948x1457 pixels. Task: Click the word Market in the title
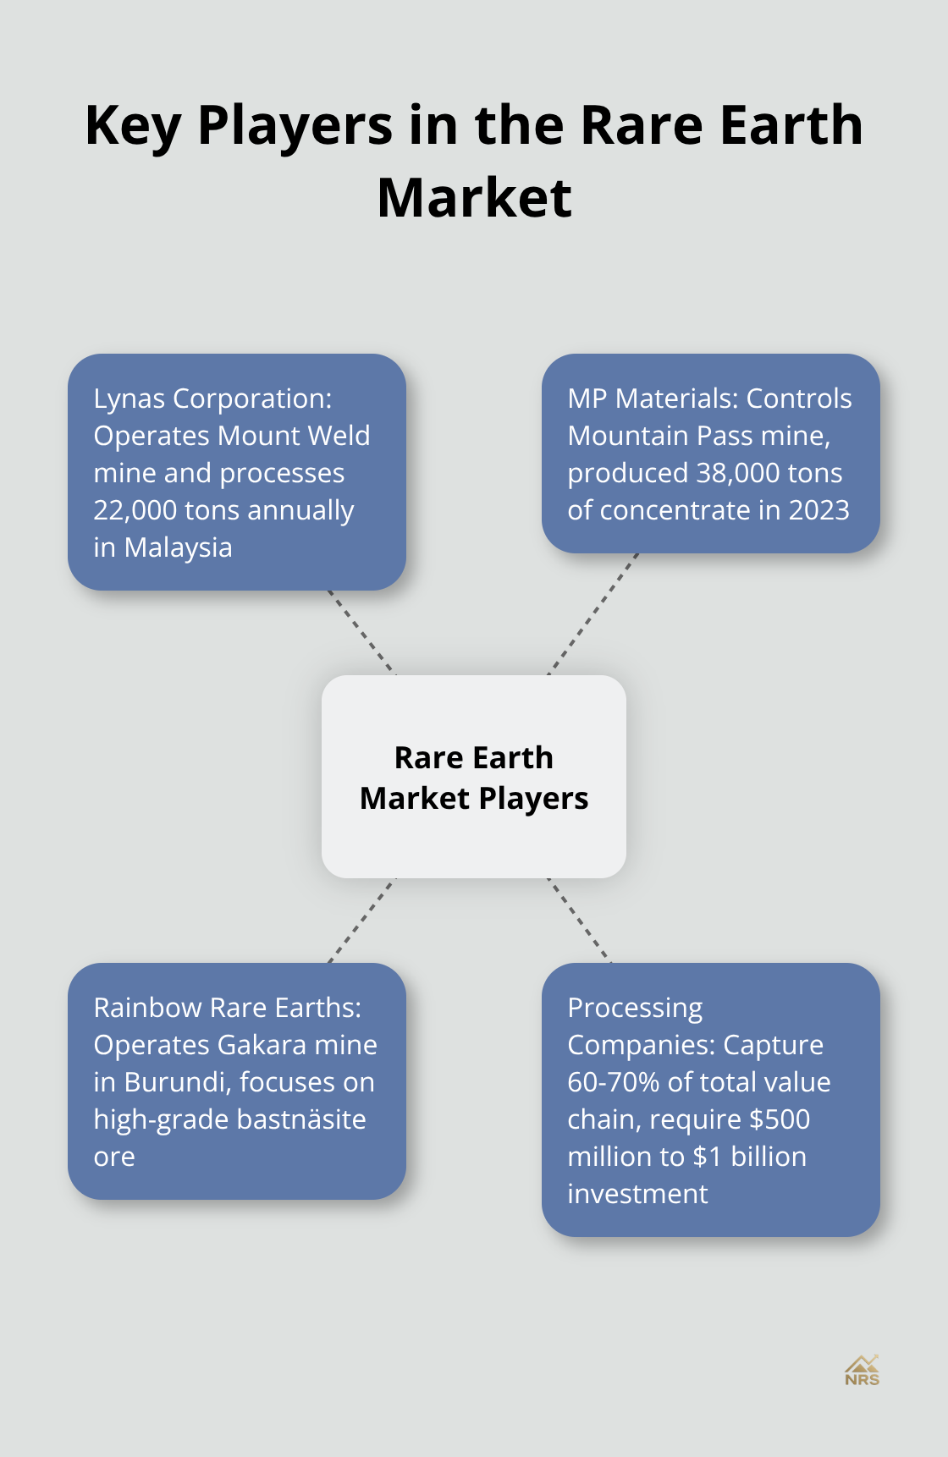coord(474,198)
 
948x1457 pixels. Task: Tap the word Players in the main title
coord(295,125)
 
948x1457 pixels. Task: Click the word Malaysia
coord(178,547)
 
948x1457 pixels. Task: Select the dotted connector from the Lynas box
coord(361,632)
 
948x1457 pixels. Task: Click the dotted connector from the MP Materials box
coord(592,614)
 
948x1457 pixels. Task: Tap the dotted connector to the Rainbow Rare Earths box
coord(361,921)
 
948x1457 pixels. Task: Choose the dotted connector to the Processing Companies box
coord(580,921)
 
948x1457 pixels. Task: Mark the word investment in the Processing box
coord(637,1194)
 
